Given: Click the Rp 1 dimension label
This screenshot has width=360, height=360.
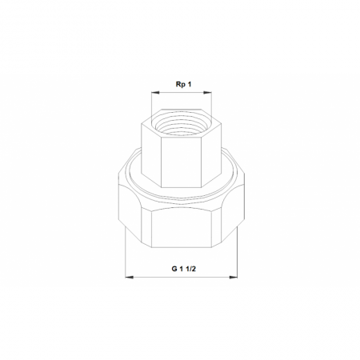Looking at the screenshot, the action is (183, 84).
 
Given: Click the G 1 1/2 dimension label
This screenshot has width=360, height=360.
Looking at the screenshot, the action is (183, 269).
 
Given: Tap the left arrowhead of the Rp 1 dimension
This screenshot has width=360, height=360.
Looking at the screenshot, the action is (155, 93).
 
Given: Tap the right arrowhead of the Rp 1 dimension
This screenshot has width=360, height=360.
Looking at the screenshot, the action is (207, 93).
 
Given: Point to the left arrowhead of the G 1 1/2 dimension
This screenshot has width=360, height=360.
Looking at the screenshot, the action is (130, 278).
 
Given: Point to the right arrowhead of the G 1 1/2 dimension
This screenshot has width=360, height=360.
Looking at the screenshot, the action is (234, 278).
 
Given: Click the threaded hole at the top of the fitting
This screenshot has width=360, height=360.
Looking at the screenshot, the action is (182, 124).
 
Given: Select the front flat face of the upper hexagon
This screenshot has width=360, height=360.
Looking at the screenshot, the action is (182, 162).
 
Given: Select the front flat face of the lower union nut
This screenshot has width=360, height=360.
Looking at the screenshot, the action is (182, 227).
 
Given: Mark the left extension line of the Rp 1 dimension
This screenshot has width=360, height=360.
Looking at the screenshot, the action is (151, 105).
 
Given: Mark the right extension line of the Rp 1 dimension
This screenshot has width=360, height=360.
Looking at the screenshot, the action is (211, 105).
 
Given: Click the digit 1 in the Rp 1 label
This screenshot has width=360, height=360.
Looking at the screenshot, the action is (190, 84).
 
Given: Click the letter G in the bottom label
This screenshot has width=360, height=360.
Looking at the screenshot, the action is (174, 269).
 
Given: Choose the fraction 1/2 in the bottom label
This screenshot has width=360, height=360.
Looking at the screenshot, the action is (191, 269).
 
